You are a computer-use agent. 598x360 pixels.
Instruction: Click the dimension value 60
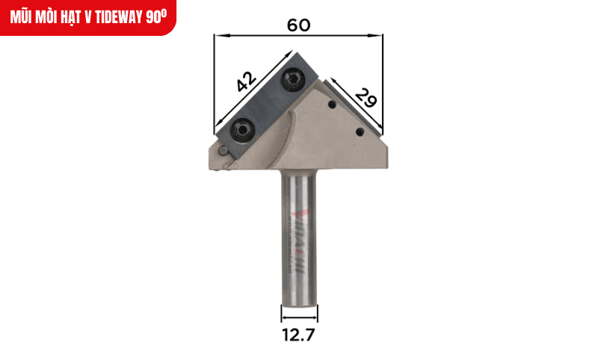pos(298,25)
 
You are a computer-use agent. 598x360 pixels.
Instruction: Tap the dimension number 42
pos(246,81)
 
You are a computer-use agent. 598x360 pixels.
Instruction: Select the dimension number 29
pos(366,97)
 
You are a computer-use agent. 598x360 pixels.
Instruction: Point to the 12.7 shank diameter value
pos(298,335)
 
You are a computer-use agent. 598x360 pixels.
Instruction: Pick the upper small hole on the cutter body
pos(333,105)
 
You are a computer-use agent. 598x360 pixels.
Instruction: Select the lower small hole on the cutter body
pos(360,132)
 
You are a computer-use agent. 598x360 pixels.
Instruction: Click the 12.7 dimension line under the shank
pos(298,313)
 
